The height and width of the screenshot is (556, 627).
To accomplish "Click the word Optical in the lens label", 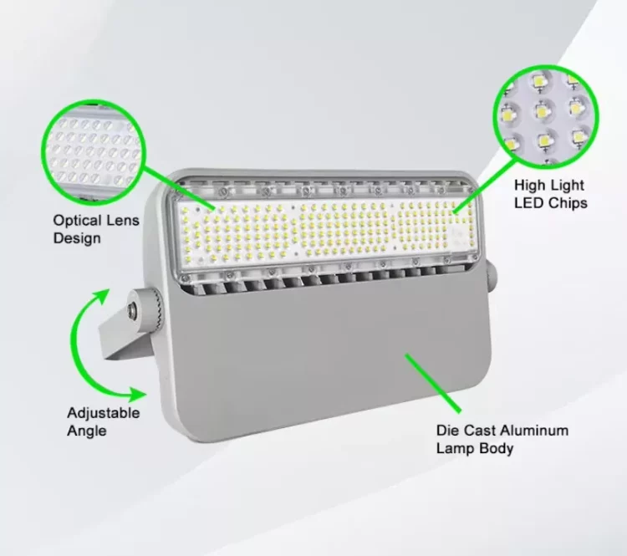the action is (77, 221).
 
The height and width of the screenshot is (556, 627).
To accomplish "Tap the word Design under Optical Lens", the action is (77, 238).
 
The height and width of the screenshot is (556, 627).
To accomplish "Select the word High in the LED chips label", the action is (530, 186).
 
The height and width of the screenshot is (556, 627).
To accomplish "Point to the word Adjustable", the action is (104, 413).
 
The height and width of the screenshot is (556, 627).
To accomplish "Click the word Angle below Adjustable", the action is (87, 431).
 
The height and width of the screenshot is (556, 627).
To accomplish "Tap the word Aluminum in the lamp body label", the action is (534, 431).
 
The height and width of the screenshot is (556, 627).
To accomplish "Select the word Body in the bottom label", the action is (497, 448).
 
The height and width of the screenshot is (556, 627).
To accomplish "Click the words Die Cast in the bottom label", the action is (466, 431).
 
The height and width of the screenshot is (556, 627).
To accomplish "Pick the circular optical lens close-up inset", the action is (93, 151).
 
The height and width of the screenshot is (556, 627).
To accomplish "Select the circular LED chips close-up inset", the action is (545, 116).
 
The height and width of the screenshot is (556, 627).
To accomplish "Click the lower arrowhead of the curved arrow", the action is (138, 395).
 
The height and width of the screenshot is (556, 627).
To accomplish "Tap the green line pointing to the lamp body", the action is (433, 383).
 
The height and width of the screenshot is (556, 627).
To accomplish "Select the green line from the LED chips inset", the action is (485, 186).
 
